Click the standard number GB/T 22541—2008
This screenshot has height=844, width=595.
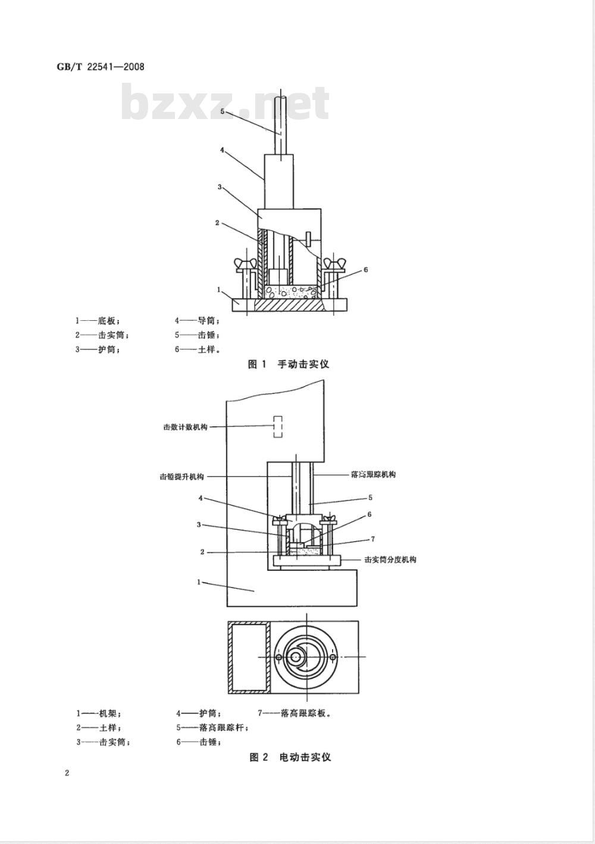[100, 67]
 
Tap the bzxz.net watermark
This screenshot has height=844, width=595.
[225, 102]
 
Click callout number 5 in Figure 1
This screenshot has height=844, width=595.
[222, 111]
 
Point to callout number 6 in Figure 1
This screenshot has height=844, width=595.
[365, 270]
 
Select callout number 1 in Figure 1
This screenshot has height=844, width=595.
[219, 290]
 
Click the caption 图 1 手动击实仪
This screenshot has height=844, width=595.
[288, 364]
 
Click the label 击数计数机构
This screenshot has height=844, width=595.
[185, 427]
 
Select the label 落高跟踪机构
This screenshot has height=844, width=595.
[373, 474]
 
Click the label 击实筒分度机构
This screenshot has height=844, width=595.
[390, 559]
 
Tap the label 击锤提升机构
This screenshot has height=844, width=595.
[182, 476]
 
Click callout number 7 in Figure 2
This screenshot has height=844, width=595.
[372, 539]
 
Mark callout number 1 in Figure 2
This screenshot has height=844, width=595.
[199, 582]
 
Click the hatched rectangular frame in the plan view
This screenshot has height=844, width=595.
[249, 657]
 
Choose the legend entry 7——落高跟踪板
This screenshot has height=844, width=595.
[294, 712]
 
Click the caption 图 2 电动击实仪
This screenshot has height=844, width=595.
[289, 757]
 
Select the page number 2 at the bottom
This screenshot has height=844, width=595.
[67, 773]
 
